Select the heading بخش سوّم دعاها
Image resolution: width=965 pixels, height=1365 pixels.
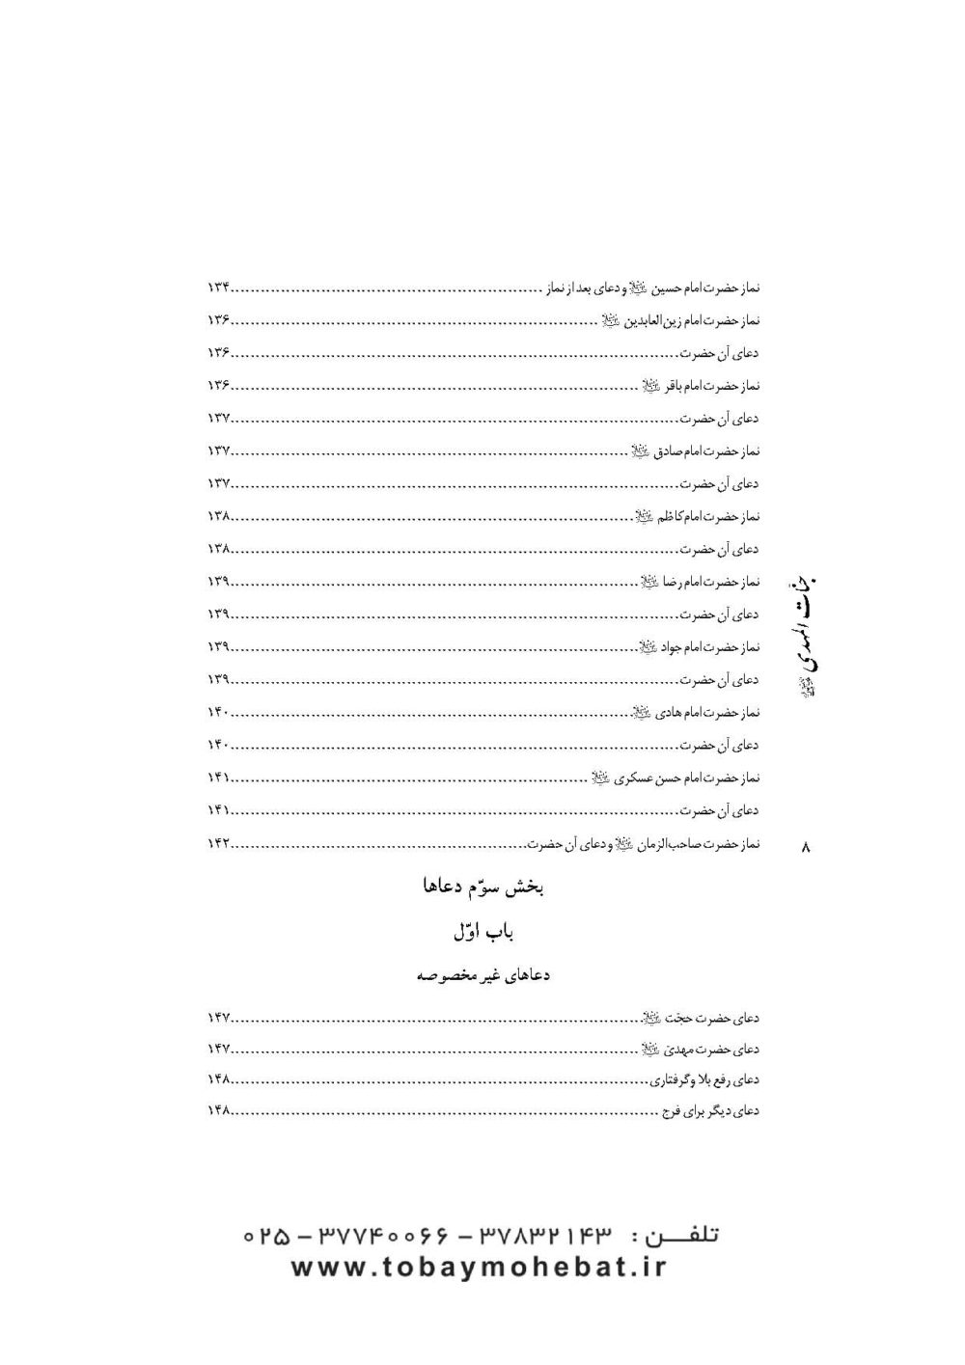[480, 887]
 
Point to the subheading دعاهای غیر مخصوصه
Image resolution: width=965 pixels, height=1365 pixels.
[480, 975]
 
